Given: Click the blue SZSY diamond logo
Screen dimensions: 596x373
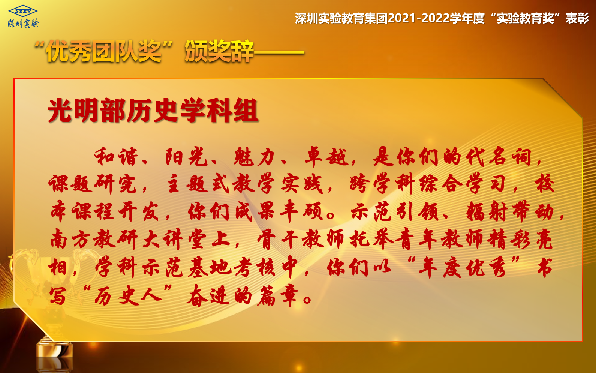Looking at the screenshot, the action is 23,11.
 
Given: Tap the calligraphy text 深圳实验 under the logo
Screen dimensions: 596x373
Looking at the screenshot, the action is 23,24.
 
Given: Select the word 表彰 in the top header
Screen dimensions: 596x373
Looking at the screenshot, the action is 577,18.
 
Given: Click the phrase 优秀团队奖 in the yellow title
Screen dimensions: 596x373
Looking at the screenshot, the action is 104,51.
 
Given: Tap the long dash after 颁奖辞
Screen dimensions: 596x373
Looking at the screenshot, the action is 279,52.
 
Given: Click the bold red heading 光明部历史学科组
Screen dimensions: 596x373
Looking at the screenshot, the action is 153,111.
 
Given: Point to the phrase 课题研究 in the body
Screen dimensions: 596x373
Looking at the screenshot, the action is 92,184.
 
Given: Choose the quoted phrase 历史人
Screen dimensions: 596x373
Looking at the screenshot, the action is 128,295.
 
